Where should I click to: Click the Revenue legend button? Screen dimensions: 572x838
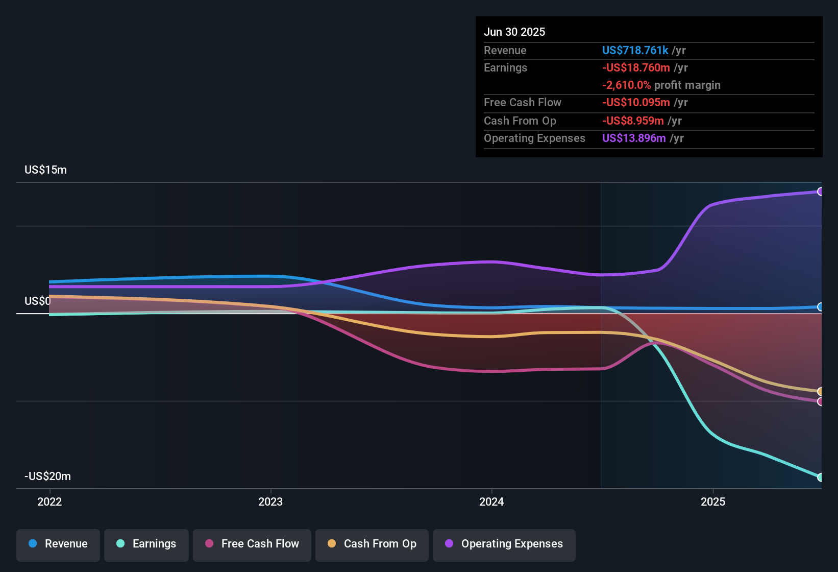(58, 544)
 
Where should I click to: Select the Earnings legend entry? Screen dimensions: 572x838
(146, 544)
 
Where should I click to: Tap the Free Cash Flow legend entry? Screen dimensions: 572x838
(252, 544)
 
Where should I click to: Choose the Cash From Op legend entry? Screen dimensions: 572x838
(372, 544)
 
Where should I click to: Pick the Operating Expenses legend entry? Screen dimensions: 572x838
(504, 544)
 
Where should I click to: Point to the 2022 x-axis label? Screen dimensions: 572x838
(50, 502)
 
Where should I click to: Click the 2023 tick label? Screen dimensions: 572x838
(270, 502)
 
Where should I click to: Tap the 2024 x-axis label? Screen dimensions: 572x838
(491, 502)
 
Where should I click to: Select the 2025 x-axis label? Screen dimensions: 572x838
(713, 502)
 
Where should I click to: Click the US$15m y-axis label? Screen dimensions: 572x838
(45, 170)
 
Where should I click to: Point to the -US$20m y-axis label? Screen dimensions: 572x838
(47, 476)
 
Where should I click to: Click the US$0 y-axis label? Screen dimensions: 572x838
(37, 301)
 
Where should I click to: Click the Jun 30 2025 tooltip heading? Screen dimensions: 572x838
(514, 32)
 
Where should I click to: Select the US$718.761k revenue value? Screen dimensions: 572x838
(635, 51)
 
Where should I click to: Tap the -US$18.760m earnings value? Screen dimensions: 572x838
(636, 68)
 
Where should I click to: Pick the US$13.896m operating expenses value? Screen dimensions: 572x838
(634, 138)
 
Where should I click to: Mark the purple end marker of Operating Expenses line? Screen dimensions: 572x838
(820, 192)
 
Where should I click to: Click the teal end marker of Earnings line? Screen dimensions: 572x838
(820, 477)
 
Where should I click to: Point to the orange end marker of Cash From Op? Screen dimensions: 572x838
(820, 392)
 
